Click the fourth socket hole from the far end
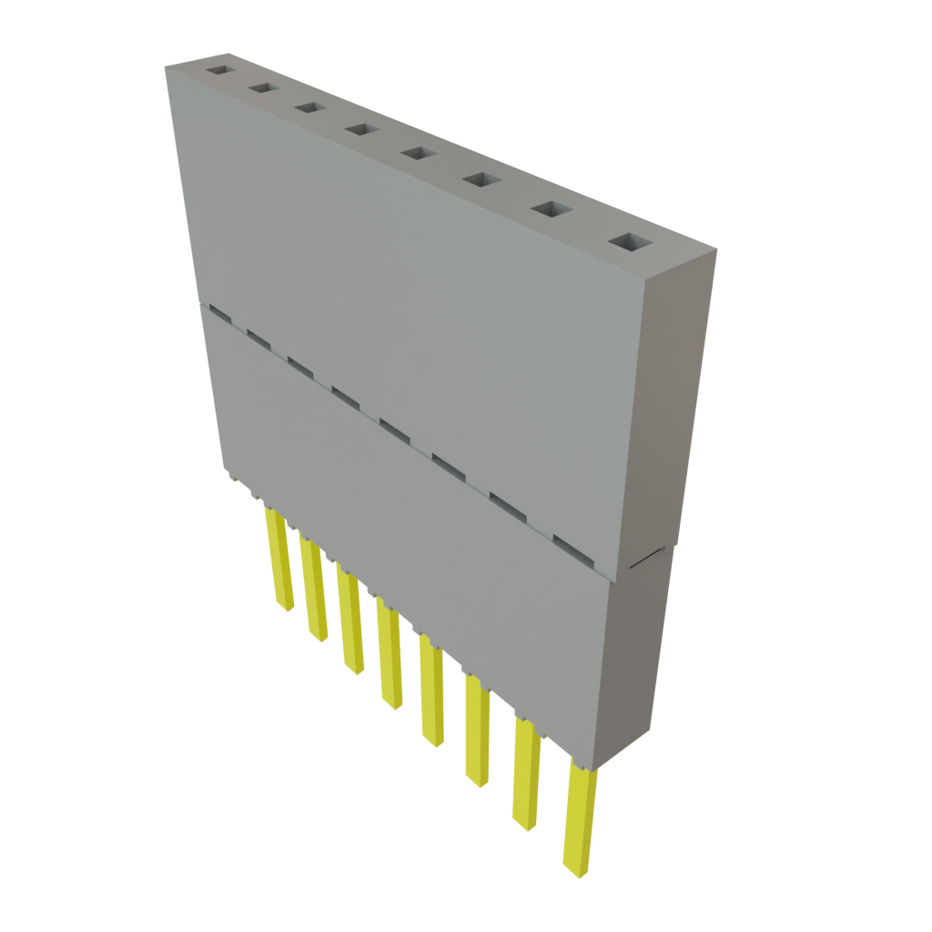(x=361, y=130)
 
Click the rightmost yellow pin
(x=579, y=819)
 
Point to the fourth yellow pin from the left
(x=389, y=654)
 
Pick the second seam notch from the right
(x=509, y=506)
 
